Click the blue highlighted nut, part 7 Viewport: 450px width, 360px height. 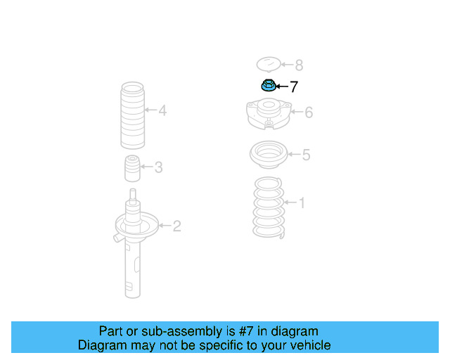pyautogui.click(x=267, y=86)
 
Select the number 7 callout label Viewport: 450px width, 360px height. pyautogui.click(x=294, y=86)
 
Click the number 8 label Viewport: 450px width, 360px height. pyautogui.click(x=299, y=65)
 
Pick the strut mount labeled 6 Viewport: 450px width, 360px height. pyautogui.click(x=268, y=114)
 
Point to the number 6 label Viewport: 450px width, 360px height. pyautogui.click(x=308, y=112)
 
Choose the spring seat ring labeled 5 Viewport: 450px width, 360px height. pyautogui.click(x=267, y=155)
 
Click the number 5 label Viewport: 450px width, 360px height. pyautogui.click(x=306, y=155)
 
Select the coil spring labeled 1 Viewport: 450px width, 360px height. pyautogui.click(x=268, y=209)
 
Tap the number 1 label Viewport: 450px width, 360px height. pyautogui.click(x=302, y=203)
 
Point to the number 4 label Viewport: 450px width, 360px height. pyautogui.click(x=162, y=110)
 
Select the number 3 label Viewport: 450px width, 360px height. pyautogui.click(x=159, y=167)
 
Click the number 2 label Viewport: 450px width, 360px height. pyautogui.click(x=177, y=226)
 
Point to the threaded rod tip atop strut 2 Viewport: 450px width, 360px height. pyautogui.click(x=133, y=194)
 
